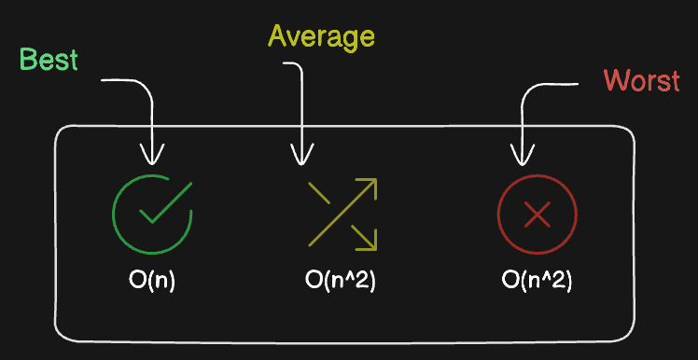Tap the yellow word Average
pos(321,37)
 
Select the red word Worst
pos(641,80)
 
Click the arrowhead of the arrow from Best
pos(151,155)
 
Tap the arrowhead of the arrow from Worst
pos(520,155)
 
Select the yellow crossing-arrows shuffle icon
pos(342,214)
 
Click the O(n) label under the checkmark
pos(152,279)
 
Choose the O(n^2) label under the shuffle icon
pos(340,279)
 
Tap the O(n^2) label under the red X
pos(537,279)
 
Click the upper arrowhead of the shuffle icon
pos(370,184)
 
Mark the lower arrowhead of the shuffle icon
pos(370,243)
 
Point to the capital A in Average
pos(277,37)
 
